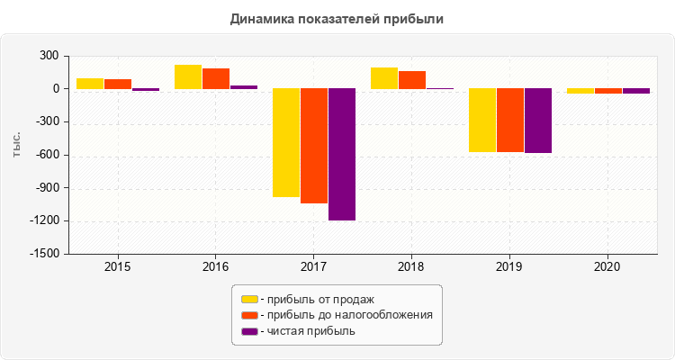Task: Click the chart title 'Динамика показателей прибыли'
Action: [x=337, y=18]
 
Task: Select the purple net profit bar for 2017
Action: [x=342, y=154]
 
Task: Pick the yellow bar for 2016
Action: [x=187, y=77]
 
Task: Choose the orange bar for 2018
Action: [x=412, y=80]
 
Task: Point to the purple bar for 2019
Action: [x=538, y=121]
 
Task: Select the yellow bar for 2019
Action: [x=482, y=121]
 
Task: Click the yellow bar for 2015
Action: [x=89, y=84]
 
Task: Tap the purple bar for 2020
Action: [x=636, y=91]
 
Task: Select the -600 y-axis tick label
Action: [x=47, y=156]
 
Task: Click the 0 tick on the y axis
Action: [x=56, y=89]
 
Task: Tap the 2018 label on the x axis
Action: [x=411, y=267]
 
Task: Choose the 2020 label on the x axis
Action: [x=607, y=267]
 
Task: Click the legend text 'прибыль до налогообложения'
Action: [x=346, y=315]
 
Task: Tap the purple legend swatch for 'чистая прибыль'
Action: [x=249, y=331]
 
